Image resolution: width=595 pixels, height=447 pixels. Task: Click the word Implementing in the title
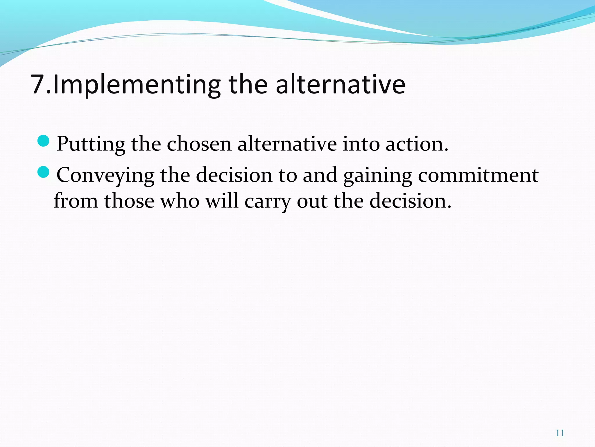137,85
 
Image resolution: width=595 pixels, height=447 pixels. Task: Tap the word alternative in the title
340,85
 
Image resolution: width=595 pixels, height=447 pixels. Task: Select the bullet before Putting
44,141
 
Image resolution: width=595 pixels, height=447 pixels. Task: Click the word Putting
91,144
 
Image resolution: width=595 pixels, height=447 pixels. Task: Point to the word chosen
199,144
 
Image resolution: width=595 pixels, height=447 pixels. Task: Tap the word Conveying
105,175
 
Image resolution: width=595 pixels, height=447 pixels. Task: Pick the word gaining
377,175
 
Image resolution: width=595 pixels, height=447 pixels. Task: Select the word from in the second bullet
76,201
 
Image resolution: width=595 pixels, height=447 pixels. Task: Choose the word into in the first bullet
361,144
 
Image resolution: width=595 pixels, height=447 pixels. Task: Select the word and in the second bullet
320,175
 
